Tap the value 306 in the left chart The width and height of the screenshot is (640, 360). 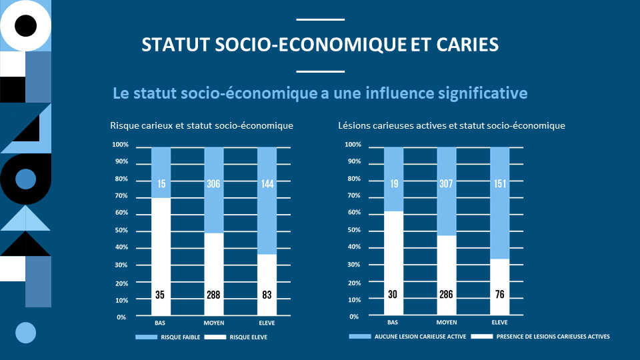coord(213,184)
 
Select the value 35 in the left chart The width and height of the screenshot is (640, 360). coord(160,294)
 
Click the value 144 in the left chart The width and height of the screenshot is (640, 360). coord(267,184)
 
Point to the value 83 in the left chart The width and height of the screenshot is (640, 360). coord(267,294)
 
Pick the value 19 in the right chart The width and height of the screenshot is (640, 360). coord(393,184)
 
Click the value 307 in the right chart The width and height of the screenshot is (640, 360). coord(446,184)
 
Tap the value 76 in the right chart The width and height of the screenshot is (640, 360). coord(499,294)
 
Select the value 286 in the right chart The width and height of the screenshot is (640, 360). coord(446,294)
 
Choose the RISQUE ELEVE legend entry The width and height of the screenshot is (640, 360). coord(248,337)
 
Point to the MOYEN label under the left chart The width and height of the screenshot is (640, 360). coord(213,323)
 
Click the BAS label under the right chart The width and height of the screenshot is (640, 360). coord(393,323)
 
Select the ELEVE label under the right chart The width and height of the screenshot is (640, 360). coord(499,323)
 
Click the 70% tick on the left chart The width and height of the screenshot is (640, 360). coord(121,196)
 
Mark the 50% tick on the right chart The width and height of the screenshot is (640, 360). coord(353,230)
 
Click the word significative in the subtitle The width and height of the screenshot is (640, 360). coord(481,93)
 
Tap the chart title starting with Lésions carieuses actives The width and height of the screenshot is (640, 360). coord(451,125)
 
